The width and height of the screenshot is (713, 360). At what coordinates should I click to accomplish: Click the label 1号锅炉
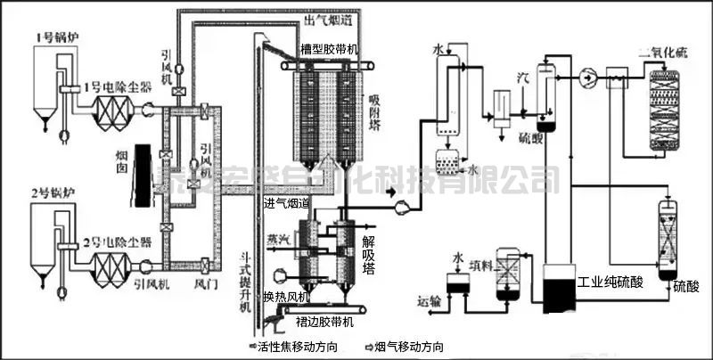click(50, 37)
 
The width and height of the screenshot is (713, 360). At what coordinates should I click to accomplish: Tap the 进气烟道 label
click(287, 204)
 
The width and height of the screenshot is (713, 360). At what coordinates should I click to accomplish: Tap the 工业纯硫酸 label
click(610, 283)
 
